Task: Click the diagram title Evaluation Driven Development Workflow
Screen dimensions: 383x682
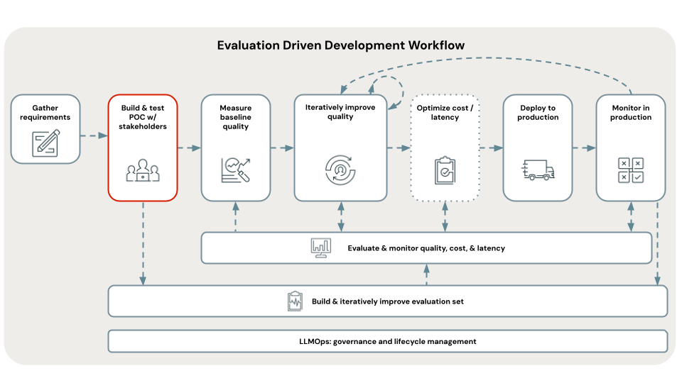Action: tap(341, 45)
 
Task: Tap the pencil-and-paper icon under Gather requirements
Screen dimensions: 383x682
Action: tap(45, 143)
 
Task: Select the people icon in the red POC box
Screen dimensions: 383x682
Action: tap(143, 170)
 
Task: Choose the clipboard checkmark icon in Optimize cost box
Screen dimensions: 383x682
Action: tap(445, 170)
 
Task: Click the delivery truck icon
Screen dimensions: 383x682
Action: tap(538, 170)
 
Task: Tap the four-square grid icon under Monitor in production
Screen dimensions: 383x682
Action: tap(630, 170)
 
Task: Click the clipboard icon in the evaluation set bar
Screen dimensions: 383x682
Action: tap(296, 301)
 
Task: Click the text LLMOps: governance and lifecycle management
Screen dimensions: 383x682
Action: tap(387, 341)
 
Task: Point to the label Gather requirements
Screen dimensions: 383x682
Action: tap(45, 112)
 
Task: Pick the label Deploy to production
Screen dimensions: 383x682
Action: tap(538, 112)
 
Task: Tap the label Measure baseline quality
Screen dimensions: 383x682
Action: tap(236, 117)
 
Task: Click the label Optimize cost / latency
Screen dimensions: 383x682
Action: tap(445, 112)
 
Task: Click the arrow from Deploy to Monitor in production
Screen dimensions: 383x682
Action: tap(583, 148)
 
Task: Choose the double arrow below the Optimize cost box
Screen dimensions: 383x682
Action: tap(445, 216)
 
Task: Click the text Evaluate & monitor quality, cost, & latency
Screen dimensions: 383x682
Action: tap(426, 248)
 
